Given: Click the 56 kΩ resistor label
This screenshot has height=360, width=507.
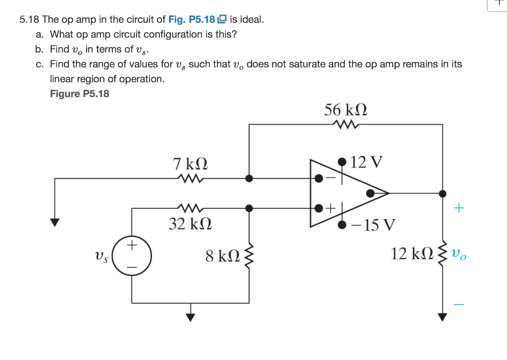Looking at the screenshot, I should [x=345, y=109].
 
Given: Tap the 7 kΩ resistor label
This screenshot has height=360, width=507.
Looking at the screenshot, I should [x=190, y=163].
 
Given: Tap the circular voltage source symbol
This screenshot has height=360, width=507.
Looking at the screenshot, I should [x=131, y=256].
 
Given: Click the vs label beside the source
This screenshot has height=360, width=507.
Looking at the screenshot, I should [x=101, y=257].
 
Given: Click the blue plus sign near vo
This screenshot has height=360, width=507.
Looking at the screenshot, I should [x=459, y=208].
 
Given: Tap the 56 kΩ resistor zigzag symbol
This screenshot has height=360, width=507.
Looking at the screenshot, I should [x=345, y=124].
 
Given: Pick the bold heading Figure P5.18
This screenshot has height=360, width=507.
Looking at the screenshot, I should [x=80, y=94].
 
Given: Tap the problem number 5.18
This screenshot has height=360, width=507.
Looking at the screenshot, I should [x=29, y=20].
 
